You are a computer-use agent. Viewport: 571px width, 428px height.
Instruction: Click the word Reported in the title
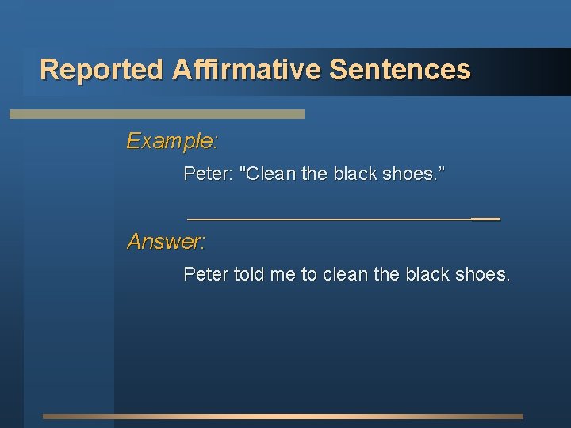[102, 70]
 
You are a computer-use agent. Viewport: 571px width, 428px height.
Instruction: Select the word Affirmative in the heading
[246, 70]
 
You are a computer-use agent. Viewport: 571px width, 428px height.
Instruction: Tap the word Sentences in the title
[400, 70]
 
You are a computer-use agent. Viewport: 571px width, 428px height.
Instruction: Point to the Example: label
[172, 141]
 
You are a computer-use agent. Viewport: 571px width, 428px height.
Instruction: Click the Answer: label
[167, 241]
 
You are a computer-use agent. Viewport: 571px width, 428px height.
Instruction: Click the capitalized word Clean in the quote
[269, 173]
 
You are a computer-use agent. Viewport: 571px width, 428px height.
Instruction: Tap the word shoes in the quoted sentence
[408, 173]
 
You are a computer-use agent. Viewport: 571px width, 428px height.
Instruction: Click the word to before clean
[309, 274]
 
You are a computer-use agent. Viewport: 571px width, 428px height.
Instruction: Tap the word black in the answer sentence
[427, 274]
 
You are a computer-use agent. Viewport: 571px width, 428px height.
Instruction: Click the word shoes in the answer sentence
[482, 274]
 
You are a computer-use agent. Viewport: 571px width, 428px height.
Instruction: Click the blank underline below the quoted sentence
[343, 217]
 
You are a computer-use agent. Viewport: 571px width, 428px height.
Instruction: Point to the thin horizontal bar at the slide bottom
[283, 416]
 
